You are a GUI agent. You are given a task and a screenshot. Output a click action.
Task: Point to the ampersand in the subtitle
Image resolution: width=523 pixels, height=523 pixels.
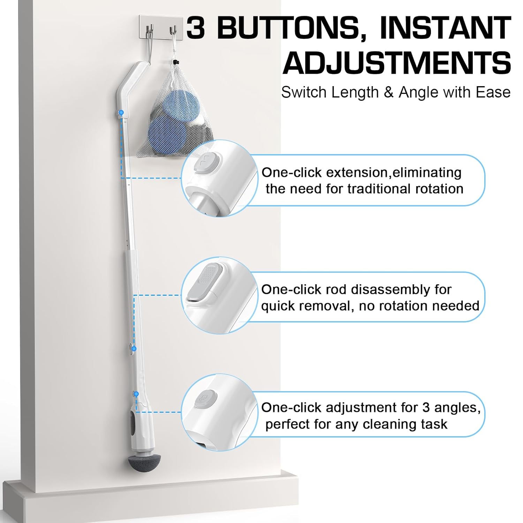point(388,92)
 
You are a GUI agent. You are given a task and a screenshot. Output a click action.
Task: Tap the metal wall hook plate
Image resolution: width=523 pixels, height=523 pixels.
point(162,28)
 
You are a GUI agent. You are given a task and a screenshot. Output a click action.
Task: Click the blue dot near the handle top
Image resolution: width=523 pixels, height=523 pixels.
point(121,113)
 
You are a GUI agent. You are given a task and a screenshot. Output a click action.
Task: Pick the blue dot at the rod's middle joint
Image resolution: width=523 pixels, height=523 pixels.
point(134,348)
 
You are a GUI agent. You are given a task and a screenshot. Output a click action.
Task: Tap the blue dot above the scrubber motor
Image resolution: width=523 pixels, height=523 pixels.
point(136,394)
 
